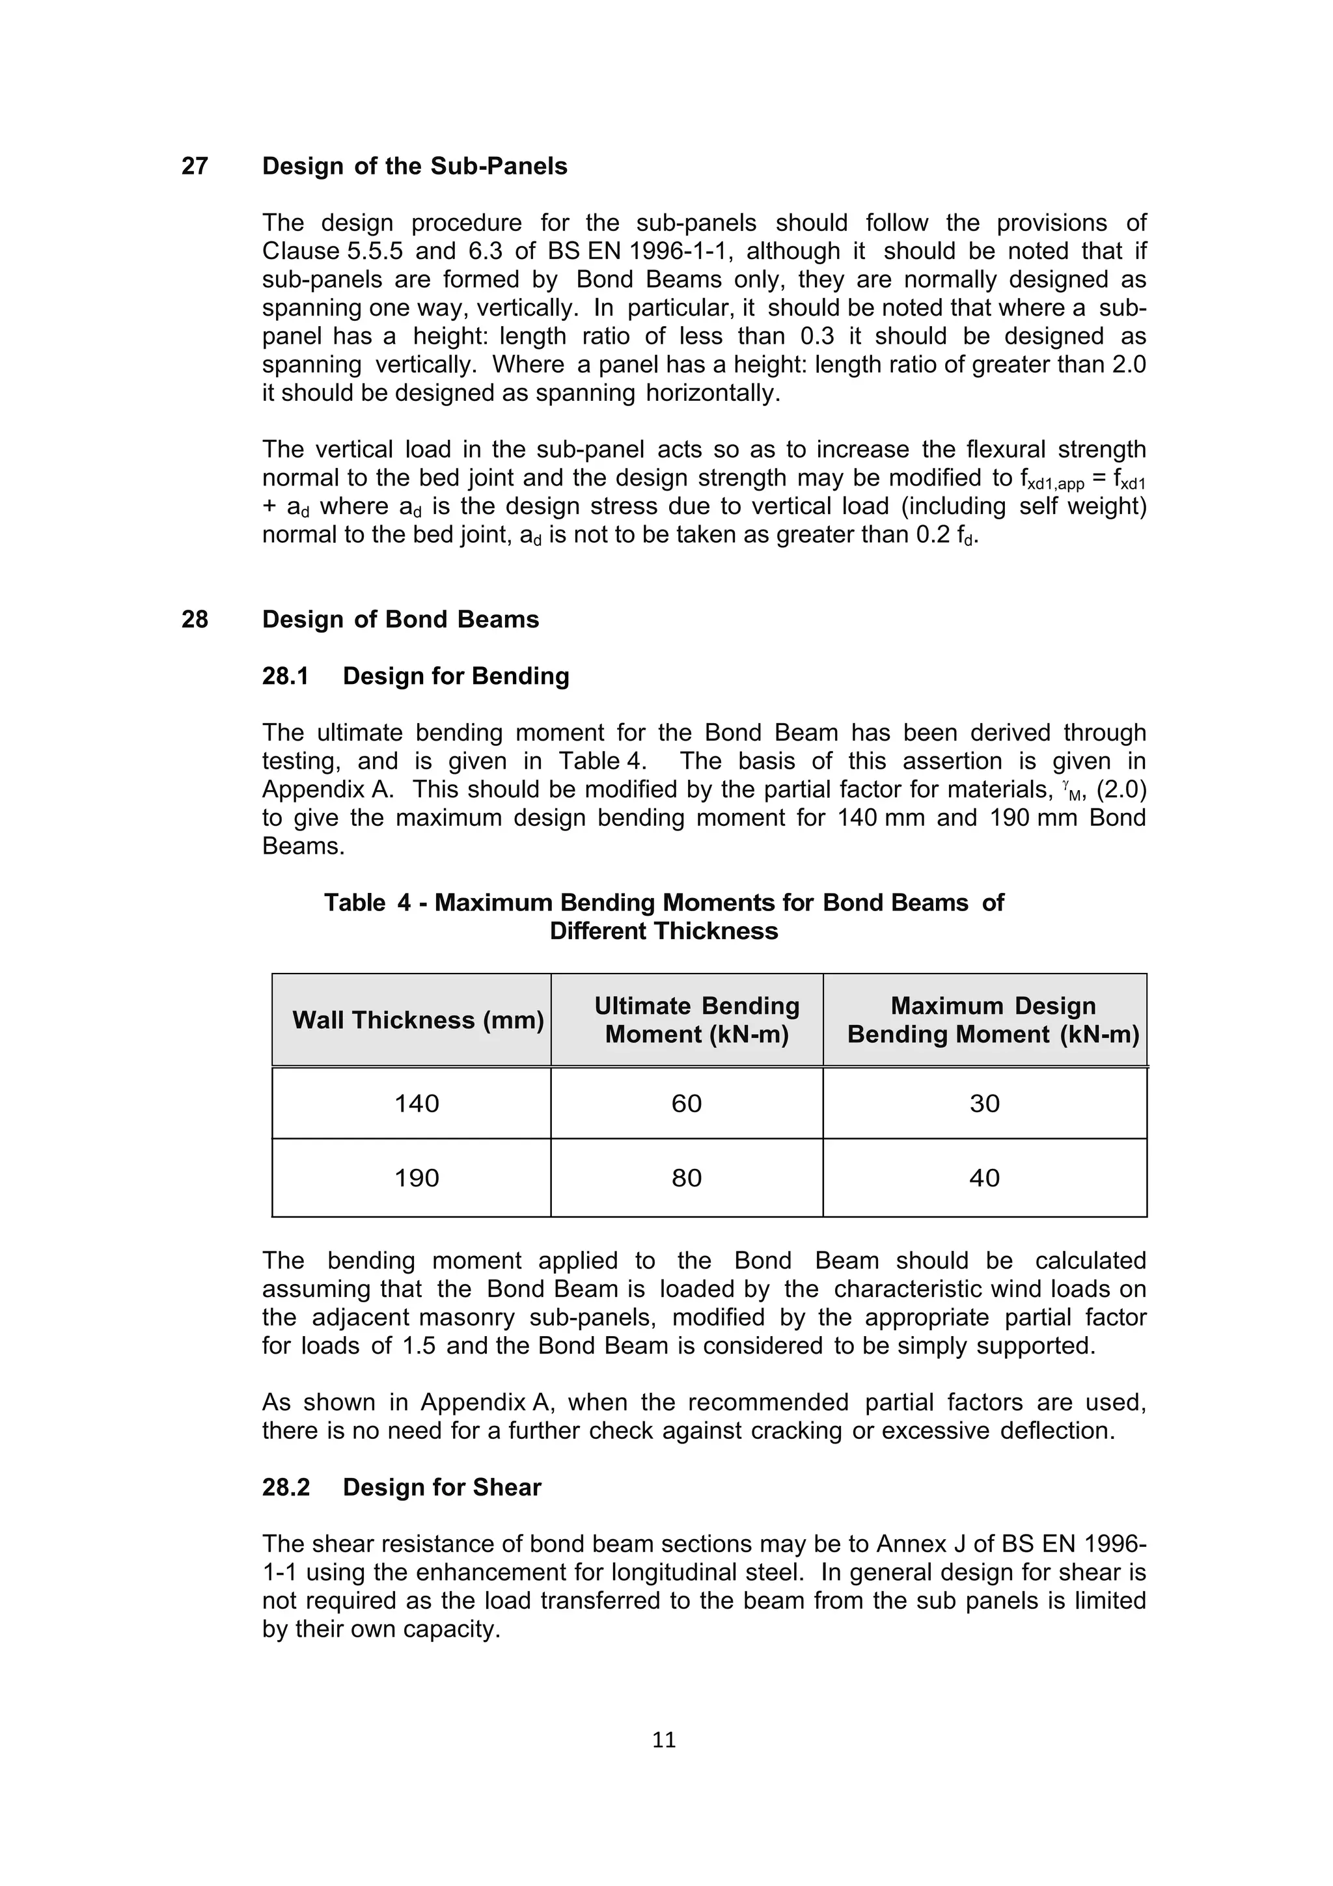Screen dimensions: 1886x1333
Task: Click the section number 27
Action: [195, 166]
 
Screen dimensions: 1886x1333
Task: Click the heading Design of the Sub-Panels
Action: [415, 166]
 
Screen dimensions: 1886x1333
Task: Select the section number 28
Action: [195, 620]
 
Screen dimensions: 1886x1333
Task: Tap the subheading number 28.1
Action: [285, 676]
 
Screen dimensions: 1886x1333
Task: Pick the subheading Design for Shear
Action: [442, 1488]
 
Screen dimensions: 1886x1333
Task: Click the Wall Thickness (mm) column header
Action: [418, 1020]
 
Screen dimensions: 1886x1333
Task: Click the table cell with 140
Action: [417, 1103]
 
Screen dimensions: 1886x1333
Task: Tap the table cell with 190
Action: [417, 1178]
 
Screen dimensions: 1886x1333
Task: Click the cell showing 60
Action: [687, 1103]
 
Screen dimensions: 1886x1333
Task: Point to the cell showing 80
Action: [687, 1178]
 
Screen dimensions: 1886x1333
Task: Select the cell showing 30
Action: [985, 1103]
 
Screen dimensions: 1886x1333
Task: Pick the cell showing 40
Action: [985, 1178]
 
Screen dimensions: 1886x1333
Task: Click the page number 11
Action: [664, 1740]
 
